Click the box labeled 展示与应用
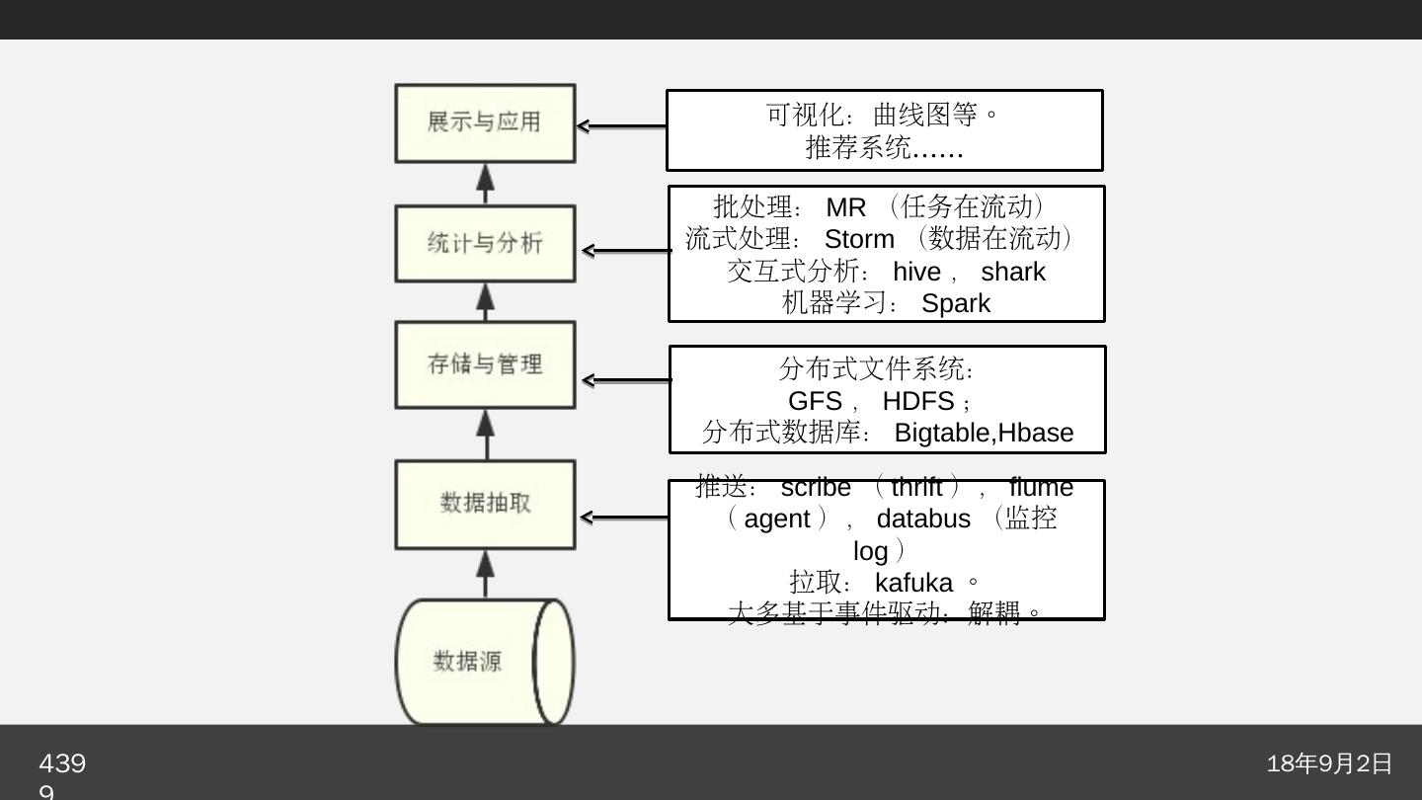tap(485, 122)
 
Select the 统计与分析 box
tap(485, 243)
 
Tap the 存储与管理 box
tap(485, 364)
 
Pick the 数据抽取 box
tap(485, 504)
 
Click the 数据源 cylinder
tap(484, 662)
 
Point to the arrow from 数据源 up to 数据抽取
tap(485, 574)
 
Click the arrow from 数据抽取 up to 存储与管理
tap(485, 434)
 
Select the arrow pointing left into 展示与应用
tap(621, 126)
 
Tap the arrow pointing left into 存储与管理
tap(626, 380)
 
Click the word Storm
tap(859, 240)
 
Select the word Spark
tap(955, 304)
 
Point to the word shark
tap(1012, 273)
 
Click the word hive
tap(916, 273)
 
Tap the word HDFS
tap(917, 402)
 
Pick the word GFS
tap(814, 402)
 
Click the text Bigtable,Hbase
tap(983, 434)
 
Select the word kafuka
tap(913, 583)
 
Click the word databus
tap(923, 520)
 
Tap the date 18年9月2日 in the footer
tap(1329, 763)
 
